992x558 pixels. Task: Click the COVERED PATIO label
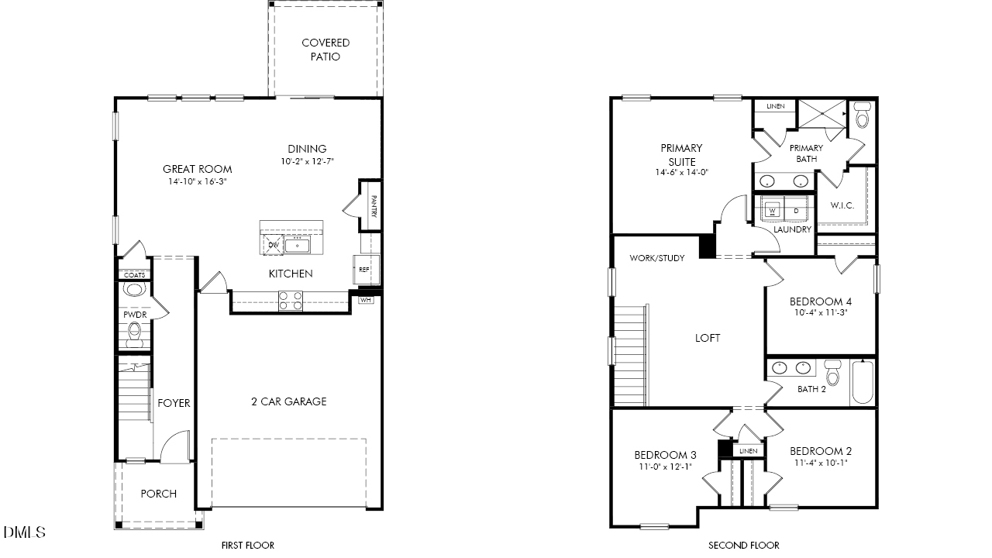point(325,50)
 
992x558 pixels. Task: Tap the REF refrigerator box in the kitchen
point(363,270)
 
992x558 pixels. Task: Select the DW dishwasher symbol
point(273,245)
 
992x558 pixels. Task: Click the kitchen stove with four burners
point(291,301)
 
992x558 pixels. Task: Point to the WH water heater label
point(366,299)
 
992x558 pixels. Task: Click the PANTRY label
point(374,205)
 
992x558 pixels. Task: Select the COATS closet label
point(135,275)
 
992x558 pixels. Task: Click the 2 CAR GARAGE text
point(288,401)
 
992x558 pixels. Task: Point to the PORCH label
point(158,494)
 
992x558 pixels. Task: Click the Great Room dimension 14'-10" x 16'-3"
point(197,181)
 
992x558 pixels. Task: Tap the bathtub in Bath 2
point(863,383)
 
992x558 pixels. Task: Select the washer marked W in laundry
point(773,209)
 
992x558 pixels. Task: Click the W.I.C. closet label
point(842,205)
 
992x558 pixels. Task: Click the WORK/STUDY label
point(656,258)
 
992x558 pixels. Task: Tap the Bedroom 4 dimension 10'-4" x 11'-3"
point(821,314)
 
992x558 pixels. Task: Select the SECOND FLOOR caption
point(743,546)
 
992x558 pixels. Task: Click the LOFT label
point(707,338)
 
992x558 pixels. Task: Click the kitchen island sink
point(298,246)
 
